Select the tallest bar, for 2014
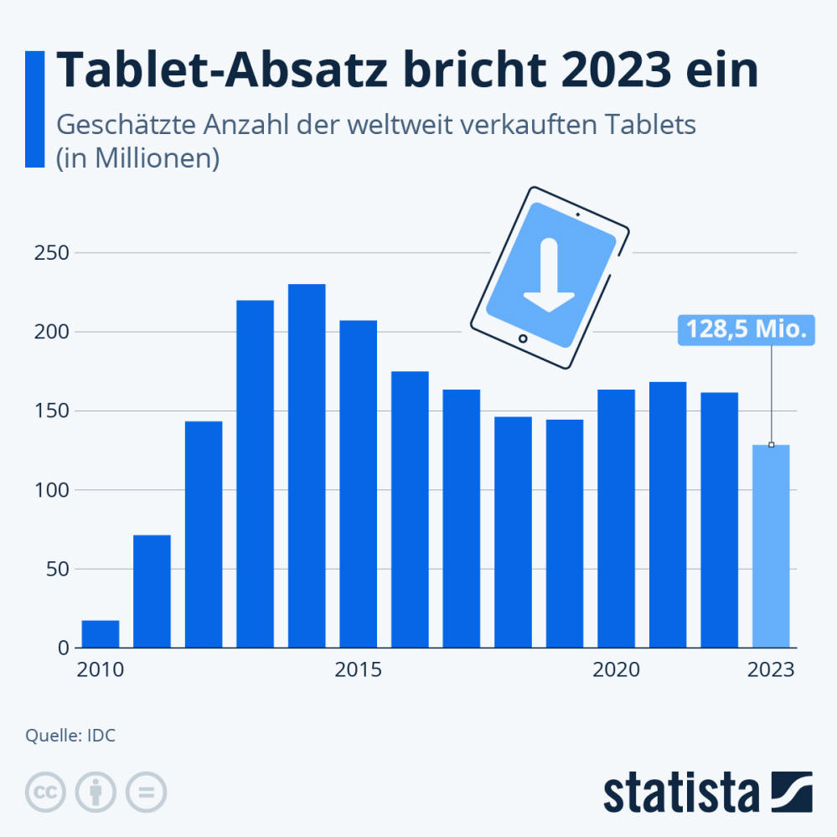pyautogui.click(x=307, y=466)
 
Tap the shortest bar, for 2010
pyautogui.click(x=101, y=634)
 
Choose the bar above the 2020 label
pyautogui.click(x=616, y=519)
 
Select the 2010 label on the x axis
pyautogui.click(x=100, y=670)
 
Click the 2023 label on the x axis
pyautogui.click(x=771, y=670)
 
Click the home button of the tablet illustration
pyautogui.click(x=523, y=339)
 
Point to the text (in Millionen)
pyautogui.click(x=137, y=158)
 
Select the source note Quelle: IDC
pyautogui.click(x=70, y=736)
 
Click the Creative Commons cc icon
pyautogui.click(x=46, y=791)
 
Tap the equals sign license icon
pyautogui.click(x=147, y=791)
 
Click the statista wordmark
pyautogui.click(x=680, y=792)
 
